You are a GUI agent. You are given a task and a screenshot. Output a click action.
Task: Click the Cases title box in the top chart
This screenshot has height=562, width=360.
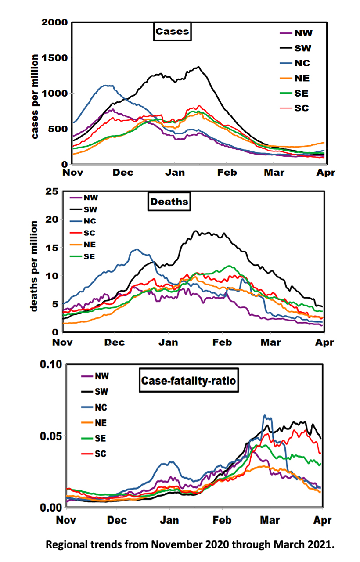click(x=172, y=32)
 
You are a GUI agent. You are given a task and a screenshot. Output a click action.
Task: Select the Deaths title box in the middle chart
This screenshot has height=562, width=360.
click(x=169, y=202)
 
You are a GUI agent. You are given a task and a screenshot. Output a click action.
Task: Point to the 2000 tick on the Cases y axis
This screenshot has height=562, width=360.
click(x=54, y=22)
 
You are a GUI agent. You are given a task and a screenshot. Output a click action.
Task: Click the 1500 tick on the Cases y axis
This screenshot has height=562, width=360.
click(x=54, y=58)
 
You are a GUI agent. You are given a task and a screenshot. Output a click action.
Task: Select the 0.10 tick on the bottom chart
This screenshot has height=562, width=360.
click(x=53, y=364)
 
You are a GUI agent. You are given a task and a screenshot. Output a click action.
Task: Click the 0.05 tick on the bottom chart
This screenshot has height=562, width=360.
click(x=53, y=436)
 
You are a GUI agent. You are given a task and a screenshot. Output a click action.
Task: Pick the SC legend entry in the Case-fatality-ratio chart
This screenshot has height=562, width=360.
click(x=101, y=454)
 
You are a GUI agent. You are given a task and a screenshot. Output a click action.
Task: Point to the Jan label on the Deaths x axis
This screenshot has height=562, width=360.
click(x=168, y=342)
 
